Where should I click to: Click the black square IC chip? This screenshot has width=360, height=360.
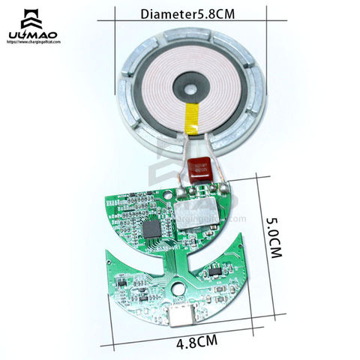(x=153, y=227)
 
